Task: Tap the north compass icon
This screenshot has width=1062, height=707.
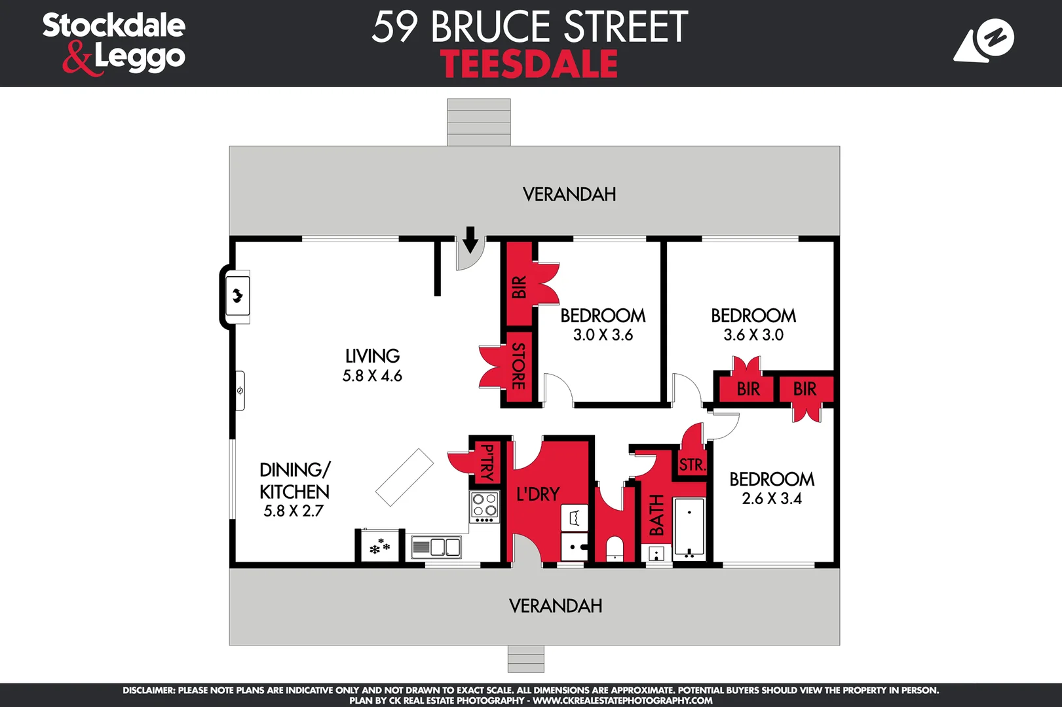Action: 984,41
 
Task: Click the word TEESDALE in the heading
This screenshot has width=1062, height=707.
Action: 529,64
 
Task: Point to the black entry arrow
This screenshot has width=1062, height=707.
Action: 470,240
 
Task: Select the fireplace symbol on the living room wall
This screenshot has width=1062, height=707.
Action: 237,297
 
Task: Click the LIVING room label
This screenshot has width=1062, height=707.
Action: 372,356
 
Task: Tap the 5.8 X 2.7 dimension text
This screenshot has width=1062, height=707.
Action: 294,511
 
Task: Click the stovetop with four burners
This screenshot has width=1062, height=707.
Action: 484,506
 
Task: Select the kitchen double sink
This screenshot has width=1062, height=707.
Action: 436,547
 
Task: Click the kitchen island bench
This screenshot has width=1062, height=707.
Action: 404,477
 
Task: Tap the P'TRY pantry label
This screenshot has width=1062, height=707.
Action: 487,462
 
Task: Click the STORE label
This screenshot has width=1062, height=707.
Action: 518,366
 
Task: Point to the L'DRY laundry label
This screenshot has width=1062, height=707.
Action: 538,494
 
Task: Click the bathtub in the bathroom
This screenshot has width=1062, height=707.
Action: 689,527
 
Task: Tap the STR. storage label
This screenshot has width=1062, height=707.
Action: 692,465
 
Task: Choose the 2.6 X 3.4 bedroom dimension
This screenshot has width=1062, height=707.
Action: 772,499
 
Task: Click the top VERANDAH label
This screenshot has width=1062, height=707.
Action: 569,194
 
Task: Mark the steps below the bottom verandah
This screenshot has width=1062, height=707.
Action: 525,659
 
